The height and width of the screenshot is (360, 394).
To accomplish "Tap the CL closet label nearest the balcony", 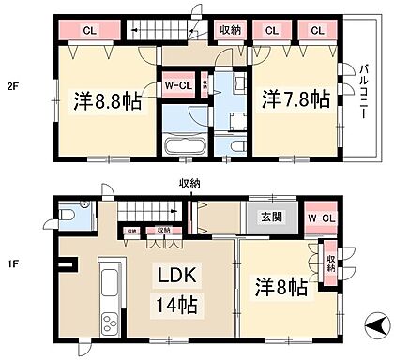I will tap(318, 31).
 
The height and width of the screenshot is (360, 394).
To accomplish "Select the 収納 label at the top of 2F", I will tap(229, 30).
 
